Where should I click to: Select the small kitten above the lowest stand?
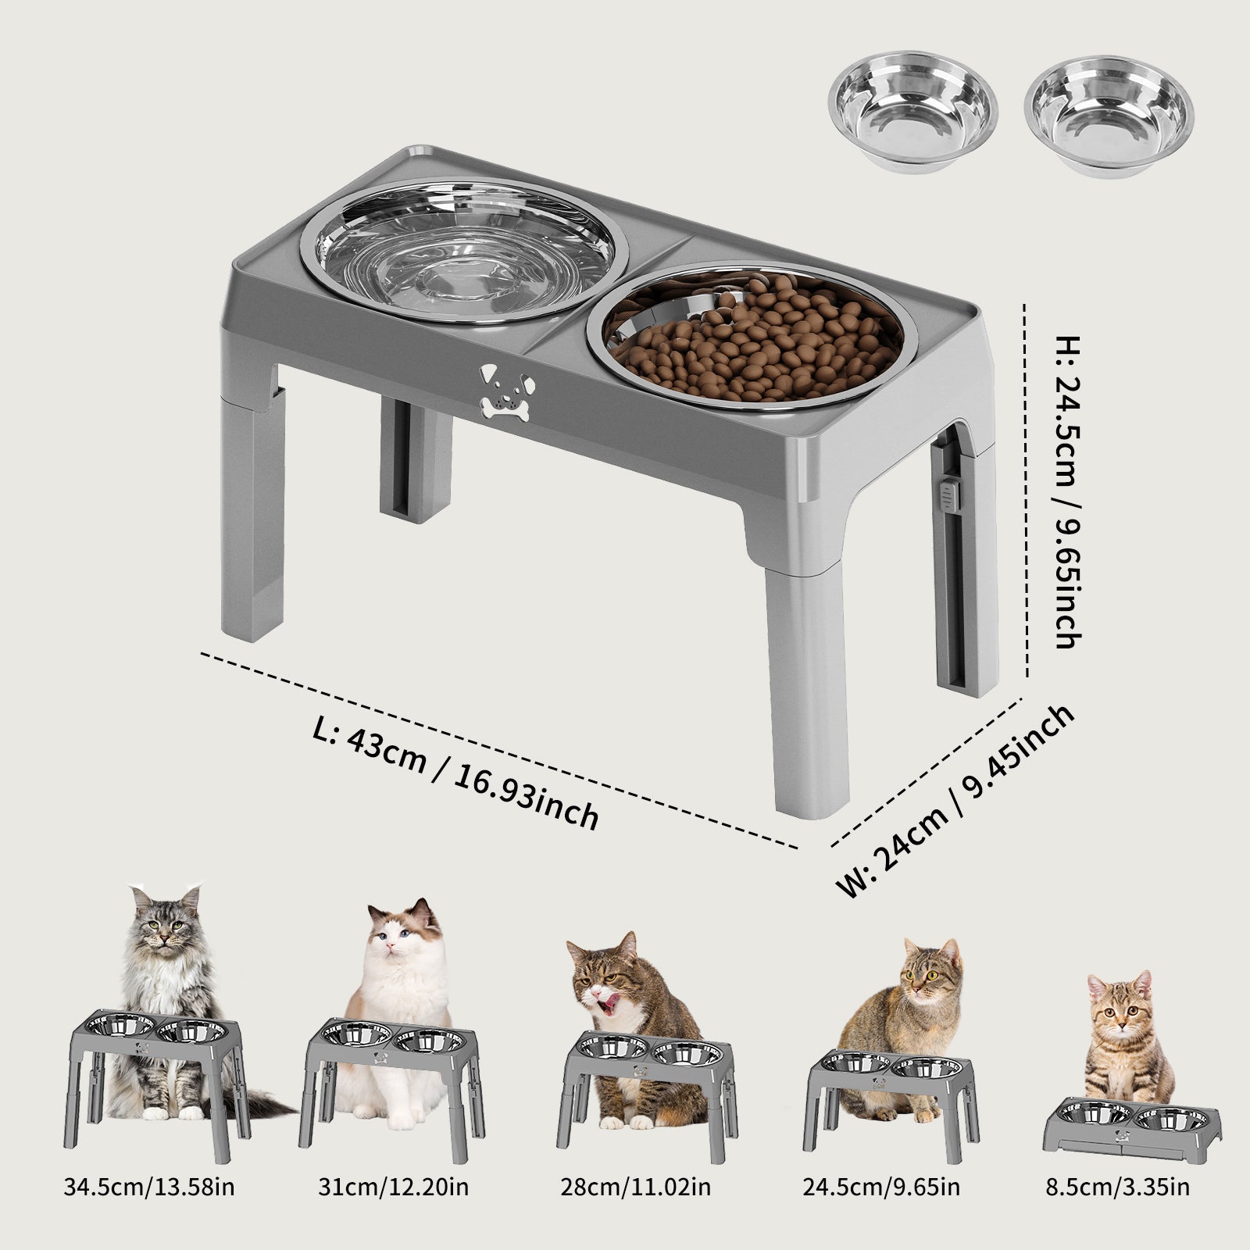[1123, 1031]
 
